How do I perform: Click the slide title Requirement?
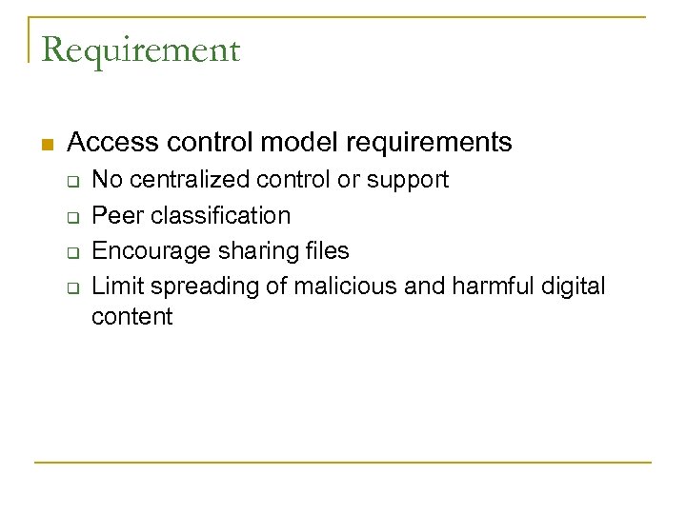[140, 49]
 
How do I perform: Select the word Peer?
[114, 215]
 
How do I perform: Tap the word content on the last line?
[132, 317]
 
